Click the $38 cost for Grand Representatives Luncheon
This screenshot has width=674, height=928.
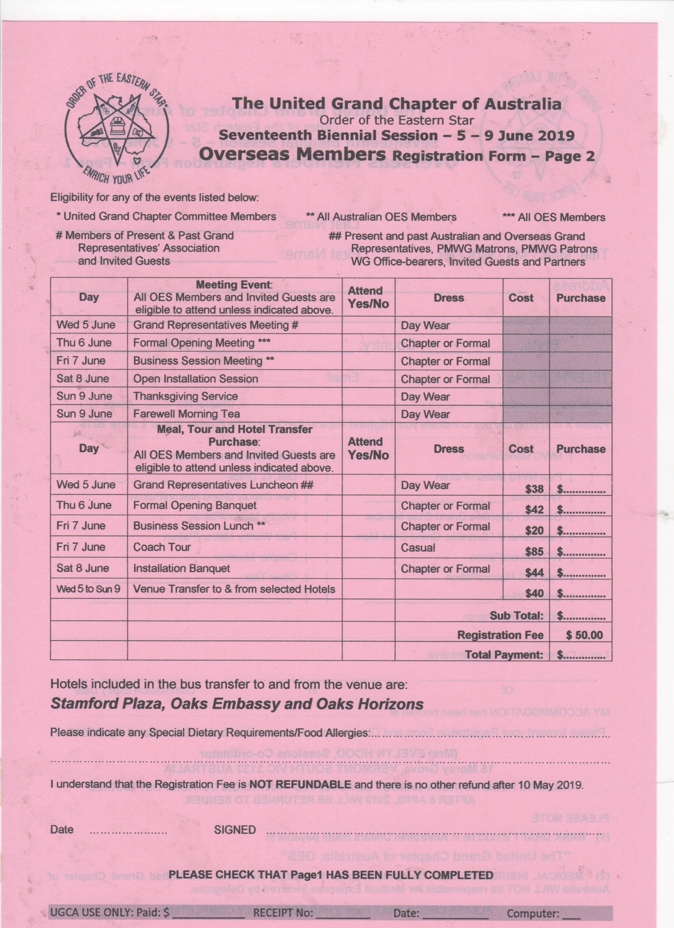[534, 489]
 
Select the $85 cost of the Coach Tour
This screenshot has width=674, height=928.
[534, 552]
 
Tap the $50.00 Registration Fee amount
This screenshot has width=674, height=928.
[584, 635]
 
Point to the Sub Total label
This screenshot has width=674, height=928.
[516, 616]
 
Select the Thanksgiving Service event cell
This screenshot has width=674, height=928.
[185, 396]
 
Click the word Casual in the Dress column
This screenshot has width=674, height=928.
[418, 548]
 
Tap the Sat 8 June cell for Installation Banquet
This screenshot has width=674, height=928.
[83, 568]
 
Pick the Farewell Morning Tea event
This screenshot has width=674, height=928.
[187, 414]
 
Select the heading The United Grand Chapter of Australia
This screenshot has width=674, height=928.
[396, 104]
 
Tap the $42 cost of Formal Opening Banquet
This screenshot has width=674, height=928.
[534, 510]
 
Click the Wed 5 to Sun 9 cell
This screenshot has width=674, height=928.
[88, 589]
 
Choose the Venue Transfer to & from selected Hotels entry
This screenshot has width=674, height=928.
[234, 589]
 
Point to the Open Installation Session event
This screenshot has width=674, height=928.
[196, 379]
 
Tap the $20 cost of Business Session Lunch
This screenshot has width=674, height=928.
[534, 531]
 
